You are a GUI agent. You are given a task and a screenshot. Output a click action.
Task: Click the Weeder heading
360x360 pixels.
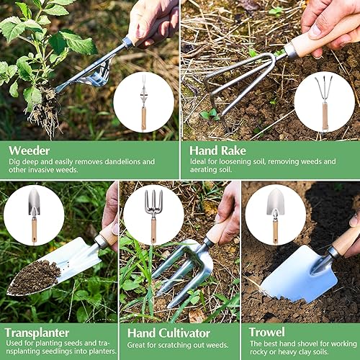pos(30,150)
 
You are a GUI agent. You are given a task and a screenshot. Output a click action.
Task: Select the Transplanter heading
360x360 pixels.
pos(36,333)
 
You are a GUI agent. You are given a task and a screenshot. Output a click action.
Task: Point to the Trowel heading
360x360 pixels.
pos(266,333)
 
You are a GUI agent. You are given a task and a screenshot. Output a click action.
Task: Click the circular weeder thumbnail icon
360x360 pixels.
pos(143,102)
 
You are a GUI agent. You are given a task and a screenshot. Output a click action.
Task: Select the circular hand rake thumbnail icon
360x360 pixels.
pos(324,102)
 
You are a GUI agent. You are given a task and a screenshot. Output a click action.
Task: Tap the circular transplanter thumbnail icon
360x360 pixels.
pos(33,215)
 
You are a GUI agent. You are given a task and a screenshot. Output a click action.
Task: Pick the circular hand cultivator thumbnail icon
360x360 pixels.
pos(153,215)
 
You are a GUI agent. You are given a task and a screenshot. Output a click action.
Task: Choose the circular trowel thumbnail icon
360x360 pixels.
pos(274,215)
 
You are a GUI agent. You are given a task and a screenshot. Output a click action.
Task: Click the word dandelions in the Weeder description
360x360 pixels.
pos(114,162)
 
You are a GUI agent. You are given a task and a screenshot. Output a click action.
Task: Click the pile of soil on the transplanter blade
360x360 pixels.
pos(33,276)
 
